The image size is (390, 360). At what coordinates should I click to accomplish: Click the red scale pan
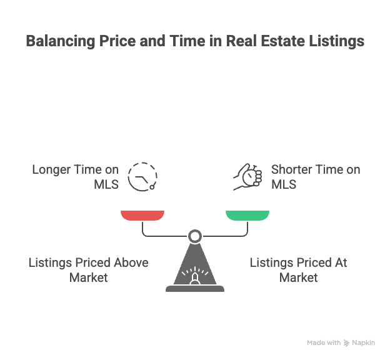pyautogui.click(x=142, y=216)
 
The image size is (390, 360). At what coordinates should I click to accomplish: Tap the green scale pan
pyautogui.click(x=247, y=216)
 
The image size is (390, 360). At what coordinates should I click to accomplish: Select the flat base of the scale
pyautogui.click(x=195, y=289)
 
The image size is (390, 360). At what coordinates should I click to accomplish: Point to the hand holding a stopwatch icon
pyautogui.click(x=247, y=177)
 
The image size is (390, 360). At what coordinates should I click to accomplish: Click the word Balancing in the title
pyautogui.click(x=61, y=41)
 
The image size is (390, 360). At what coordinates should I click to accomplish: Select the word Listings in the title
pyautogui.click(x=336, y=41)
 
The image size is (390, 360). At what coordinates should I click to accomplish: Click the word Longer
pyautogui.click(x=51, y=170)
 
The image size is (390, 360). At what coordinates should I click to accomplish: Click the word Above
pyautogui.click(x=131, y=262)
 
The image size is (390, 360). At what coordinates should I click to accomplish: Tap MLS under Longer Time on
pyautogui.click(x=106, y=184)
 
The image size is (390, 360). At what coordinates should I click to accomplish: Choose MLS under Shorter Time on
pyautogui.click(x=284, y=184)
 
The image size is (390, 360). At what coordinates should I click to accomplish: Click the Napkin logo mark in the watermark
pyautogui.click(x=346, y=343)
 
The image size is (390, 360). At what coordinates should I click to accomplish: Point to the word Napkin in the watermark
pyautogui.click(x=363, y=343)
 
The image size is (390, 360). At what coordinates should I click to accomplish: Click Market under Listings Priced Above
pyautogui.click(x=89, y=277)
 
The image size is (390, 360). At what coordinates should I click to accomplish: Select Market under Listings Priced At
pyautogui.click(x=299, y=277)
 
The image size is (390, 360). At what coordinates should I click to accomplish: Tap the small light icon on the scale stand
pyautogui.click(x=195, y=276)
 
